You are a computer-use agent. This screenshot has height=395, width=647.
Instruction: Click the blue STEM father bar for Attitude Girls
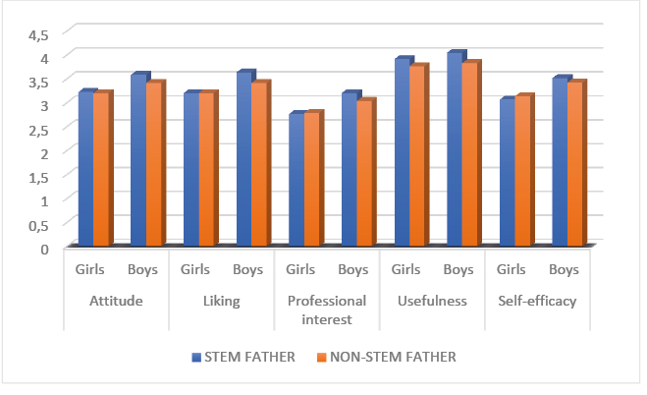click(84, 169)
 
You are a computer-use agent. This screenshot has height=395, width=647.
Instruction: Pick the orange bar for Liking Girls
click(206, 170)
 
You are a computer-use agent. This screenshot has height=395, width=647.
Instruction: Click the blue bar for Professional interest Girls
click(296, 181)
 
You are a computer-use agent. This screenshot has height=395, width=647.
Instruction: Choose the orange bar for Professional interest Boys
click(364, 174)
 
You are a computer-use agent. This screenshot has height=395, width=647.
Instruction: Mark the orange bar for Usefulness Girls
click(417, 156)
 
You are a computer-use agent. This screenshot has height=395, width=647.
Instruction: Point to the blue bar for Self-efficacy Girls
click(507, 174)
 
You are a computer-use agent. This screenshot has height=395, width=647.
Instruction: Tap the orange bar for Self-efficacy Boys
click(575, 165)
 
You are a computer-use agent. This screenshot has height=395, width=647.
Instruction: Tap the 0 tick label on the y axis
click(43, 249)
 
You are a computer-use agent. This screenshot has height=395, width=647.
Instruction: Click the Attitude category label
click(117, 301)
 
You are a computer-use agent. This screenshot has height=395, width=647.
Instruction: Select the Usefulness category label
click(433, 301)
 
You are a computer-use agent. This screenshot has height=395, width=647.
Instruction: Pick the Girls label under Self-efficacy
click(512, 269)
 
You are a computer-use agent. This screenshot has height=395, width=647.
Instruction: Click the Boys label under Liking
click(248, 269)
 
